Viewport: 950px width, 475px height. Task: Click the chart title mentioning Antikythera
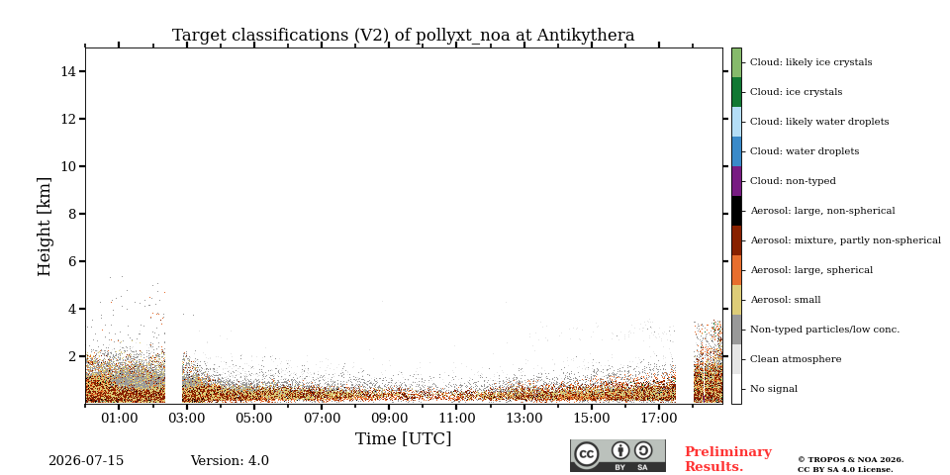pos(403,36)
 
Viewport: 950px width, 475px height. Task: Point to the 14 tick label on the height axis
pos(68,71)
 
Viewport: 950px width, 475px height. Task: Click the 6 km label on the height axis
pos(72,261)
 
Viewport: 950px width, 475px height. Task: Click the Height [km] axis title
pos(45,227)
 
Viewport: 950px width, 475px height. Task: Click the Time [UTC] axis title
pos(403,438)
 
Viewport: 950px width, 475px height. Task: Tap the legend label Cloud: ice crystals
pos(796,92)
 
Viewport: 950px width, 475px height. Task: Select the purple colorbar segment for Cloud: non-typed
pos(736,181)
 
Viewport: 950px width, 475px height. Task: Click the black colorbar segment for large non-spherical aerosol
pos(736,211)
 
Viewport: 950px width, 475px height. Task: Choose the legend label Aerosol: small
pos(786,300)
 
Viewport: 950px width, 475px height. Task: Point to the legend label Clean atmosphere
pos(796,359)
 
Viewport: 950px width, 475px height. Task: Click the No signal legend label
pos(774,389)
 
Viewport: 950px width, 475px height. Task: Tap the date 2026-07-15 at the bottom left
pos(86,461)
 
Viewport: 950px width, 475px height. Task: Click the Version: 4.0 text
pos(230,461)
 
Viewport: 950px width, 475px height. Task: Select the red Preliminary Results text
pos(728,459)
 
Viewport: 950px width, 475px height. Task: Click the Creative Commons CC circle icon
pos(587,454)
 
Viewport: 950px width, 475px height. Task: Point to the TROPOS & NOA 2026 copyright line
pos(851,460)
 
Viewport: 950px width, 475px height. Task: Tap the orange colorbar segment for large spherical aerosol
pos(736,270)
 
